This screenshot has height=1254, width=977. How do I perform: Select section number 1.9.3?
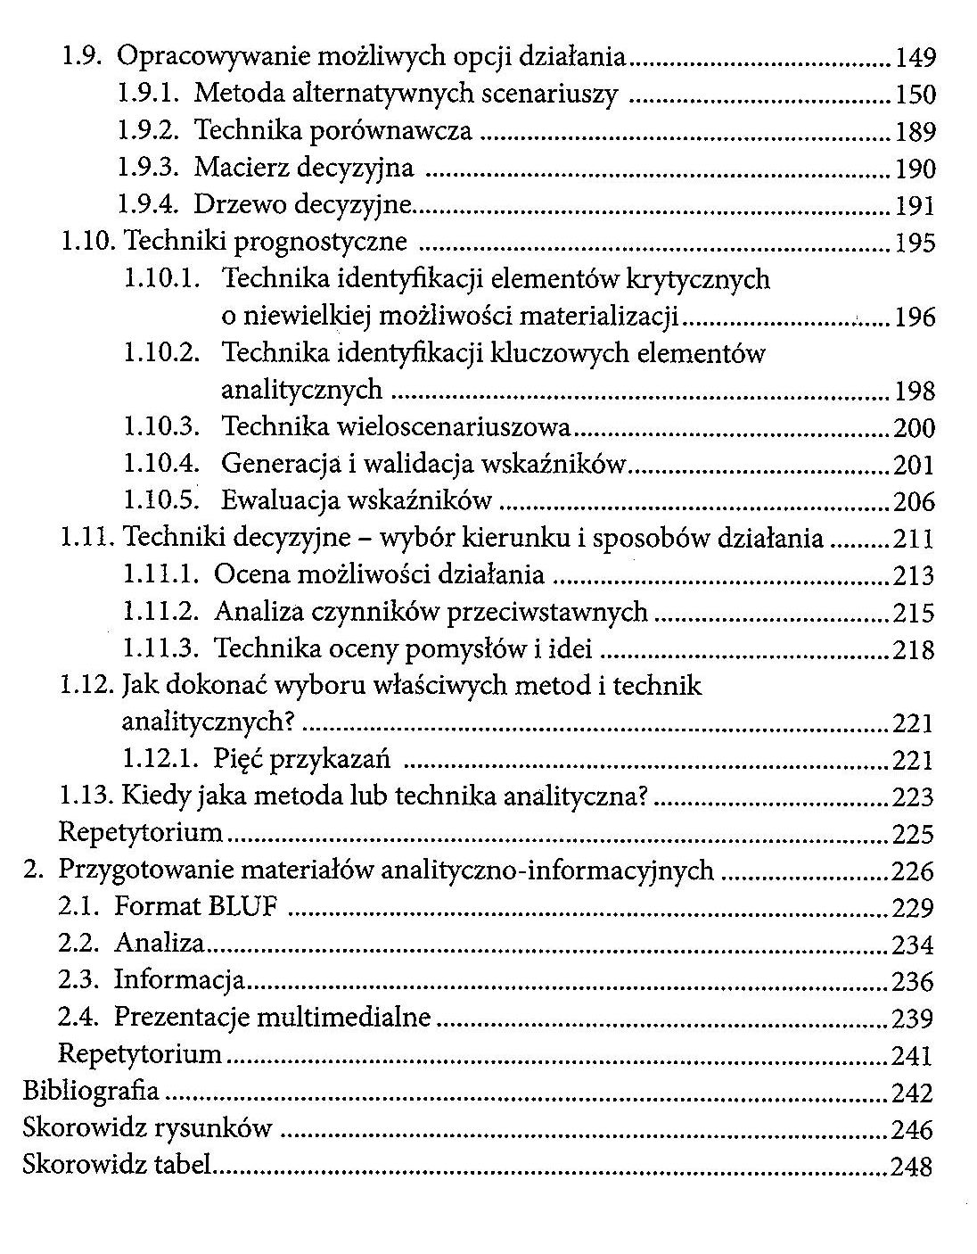tap(149, 168)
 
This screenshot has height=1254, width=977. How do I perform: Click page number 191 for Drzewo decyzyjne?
tap(915, 206)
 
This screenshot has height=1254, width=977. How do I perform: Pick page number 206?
tap(915, 502)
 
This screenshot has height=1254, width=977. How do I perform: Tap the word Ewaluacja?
tap(277, 501)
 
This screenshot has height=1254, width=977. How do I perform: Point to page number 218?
tap(915, 650)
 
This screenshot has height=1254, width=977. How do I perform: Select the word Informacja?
tap(179, 981)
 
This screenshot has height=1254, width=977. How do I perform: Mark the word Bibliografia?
tap(91, 1091)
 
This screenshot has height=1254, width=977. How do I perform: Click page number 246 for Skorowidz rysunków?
tap(913, 1130)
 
